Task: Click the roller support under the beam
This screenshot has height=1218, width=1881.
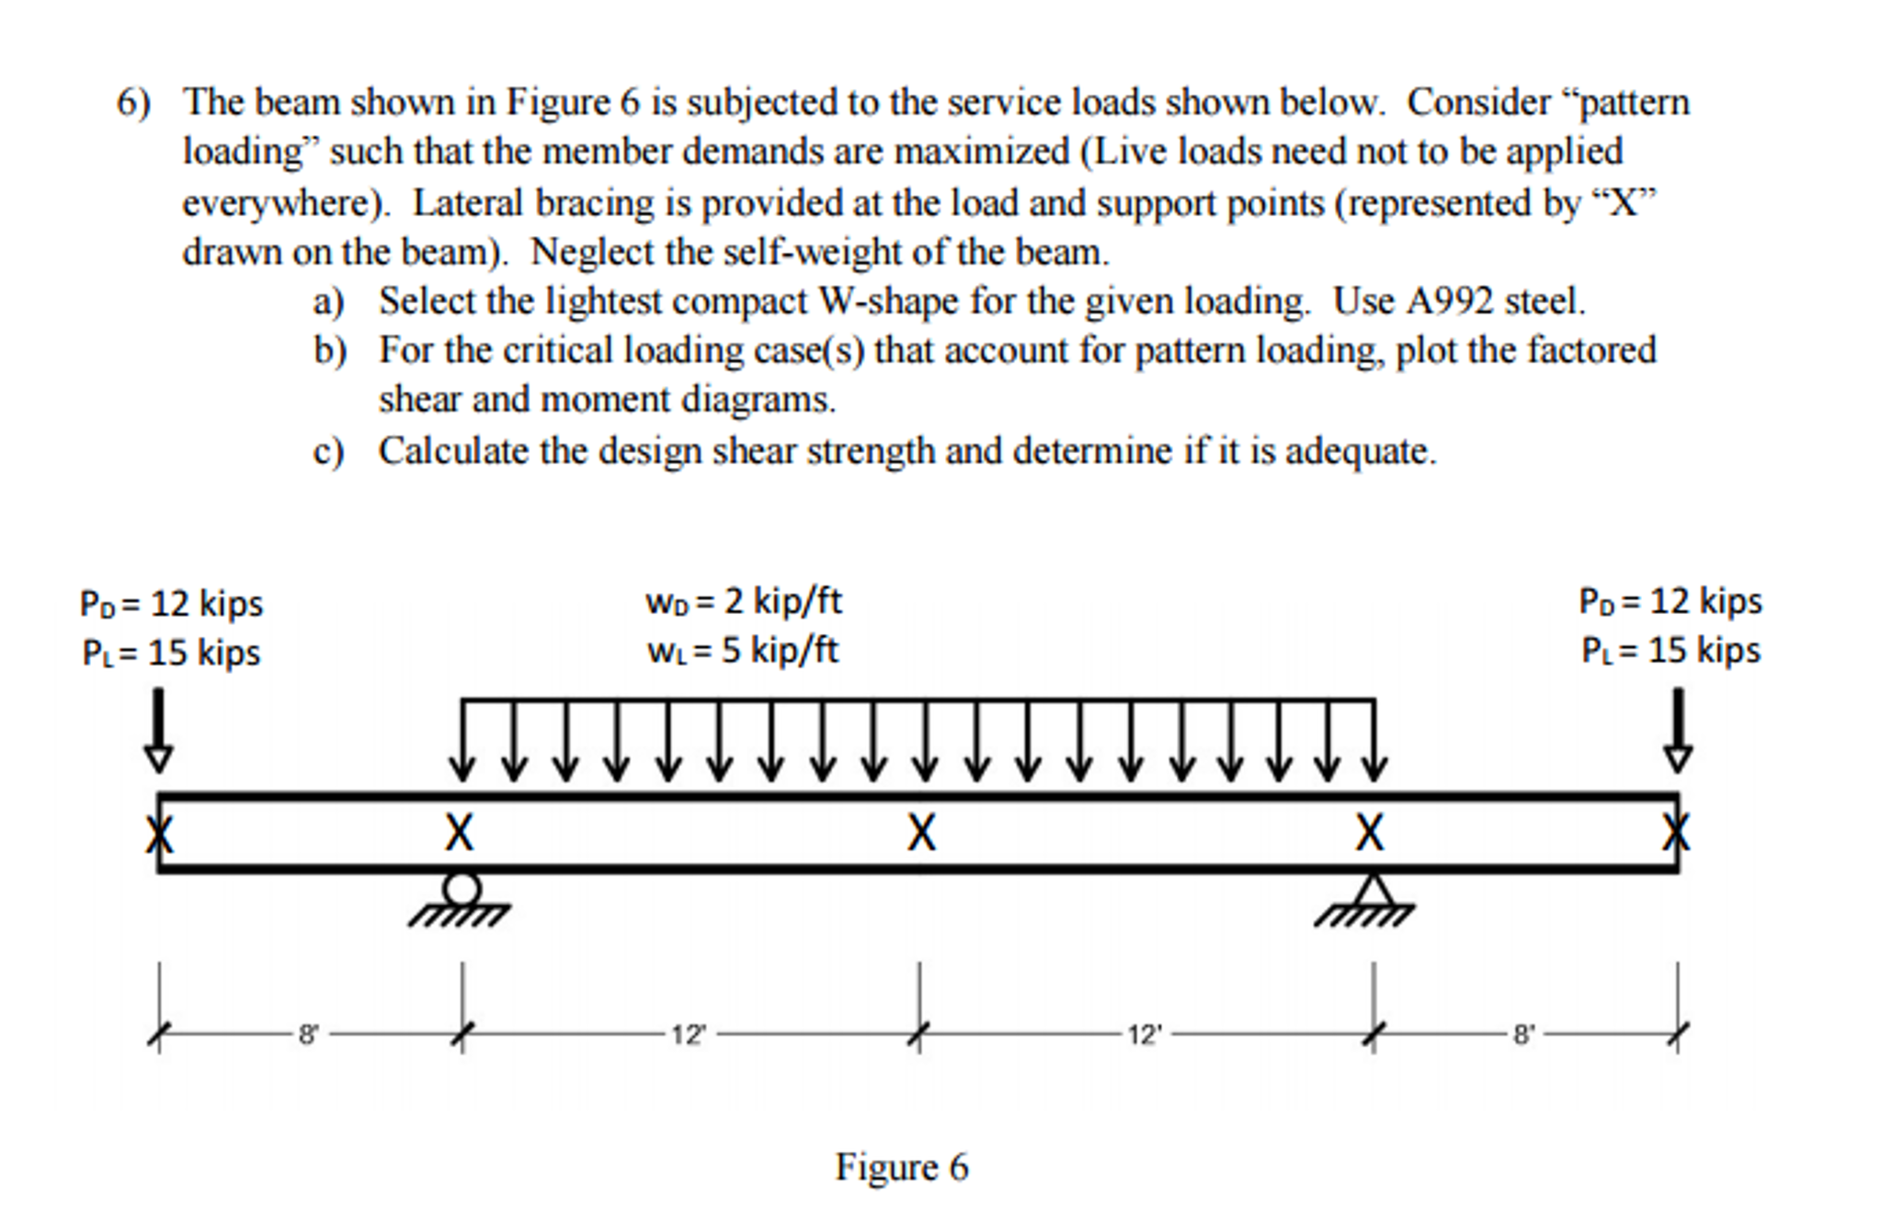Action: (x=461, y=891)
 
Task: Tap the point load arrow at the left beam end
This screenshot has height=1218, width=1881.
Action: (x=158, y=731)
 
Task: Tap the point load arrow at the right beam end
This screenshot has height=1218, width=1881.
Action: (x=1678, y=731)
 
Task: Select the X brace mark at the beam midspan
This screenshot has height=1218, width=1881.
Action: (x=921, y=833)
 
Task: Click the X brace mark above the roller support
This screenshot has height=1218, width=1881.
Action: (x=460, y=833)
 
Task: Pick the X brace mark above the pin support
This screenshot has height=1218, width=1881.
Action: (x=1370, y=833)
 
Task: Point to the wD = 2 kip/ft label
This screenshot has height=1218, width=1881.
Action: (x=743, y=601)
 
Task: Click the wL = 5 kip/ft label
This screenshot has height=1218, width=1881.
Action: (x=742, y=651)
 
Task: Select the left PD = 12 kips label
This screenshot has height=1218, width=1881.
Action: (x=171, y=604)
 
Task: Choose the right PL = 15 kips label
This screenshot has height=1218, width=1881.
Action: (x=1670, y=651)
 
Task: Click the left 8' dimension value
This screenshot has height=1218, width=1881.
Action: (x=308, y=1035)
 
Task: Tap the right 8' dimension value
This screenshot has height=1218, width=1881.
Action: (x=1523, y=1035)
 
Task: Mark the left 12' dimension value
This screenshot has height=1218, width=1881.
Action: (x=689, y=1035)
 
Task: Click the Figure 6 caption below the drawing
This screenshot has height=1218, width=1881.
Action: (x=901, y=1167)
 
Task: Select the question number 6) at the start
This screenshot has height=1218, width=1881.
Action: (x=133, y=102)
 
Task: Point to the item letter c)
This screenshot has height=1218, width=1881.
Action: (x=328, y=451)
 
